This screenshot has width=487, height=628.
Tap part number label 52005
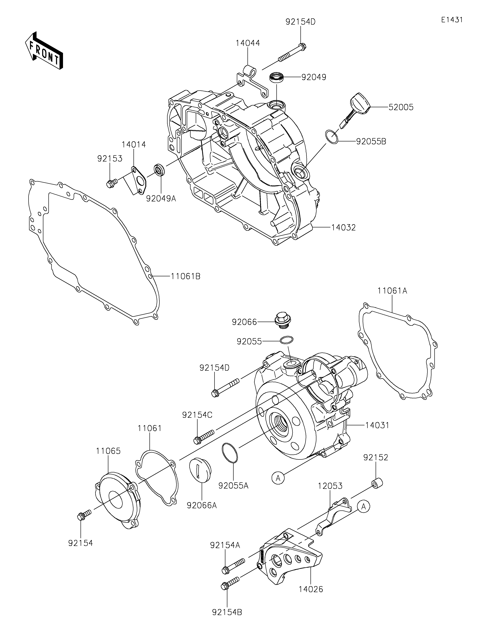click(401, 107)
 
